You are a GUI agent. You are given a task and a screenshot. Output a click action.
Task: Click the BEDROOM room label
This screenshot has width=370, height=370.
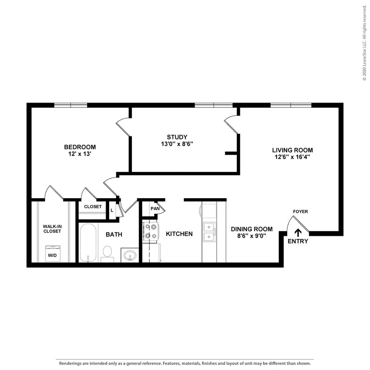(80, 147)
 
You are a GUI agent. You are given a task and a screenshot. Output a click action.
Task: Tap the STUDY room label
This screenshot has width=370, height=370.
(177, 136)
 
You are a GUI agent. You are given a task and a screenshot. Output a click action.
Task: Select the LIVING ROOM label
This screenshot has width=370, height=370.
(292, 150)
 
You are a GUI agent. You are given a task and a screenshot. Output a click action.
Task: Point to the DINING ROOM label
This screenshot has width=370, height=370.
(252, 229)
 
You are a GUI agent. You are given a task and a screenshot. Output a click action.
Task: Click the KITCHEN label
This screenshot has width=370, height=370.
(179, 234)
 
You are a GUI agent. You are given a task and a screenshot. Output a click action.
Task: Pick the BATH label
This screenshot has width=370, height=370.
(114, 235)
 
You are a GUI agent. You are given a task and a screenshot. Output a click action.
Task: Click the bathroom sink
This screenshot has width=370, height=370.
(130, 255)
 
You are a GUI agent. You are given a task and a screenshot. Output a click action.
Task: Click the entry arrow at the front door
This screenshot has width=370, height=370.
(298, 233)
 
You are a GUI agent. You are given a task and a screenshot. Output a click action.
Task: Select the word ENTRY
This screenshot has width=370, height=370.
(298, 242)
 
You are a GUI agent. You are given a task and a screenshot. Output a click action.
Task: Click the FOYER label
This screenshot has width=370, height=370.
(300, 212)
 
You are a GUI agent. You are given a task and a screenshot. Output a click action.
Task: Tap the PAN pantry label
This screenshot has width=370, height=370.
(155, 208)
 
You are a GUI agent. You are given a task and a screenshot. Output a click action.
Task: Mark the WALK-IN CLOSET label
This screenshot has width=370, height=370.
(52, 229)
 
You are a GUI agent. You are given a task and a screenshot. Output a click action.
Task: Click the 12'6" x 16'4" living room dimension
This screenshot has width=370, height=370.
(292, 157)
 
